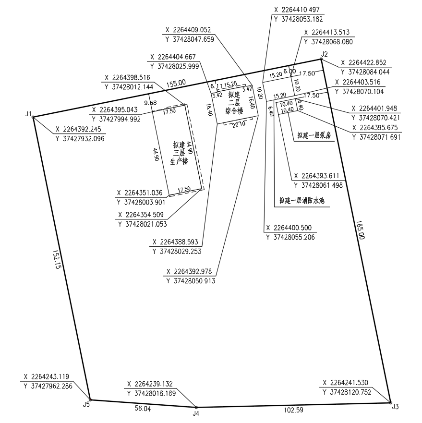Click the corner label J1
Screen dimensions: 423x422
(x=29, y=114)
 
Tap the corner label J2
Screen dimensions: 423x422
(x=325, y=54)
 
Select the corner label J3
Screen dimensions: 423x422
(x=395, y=407)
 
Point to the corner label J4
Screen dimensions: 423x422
(x=195, y=413)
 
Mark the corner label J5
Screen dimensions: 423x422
(x=86, y=404)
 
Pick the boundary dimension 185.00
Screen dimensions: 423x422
(x=360, y=230)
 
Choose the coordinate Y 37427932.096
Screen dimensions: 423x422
(x=80, y=138)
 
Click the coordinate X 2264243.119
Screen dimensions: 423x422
(x=48, y=376)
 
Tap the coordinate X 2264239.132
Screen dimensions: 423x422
(x=150, y=384)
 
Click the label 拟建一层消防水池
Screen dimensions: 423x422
(x=301, y=201)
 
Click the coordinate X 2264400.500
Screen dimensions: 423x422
(x=289, y=228)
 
